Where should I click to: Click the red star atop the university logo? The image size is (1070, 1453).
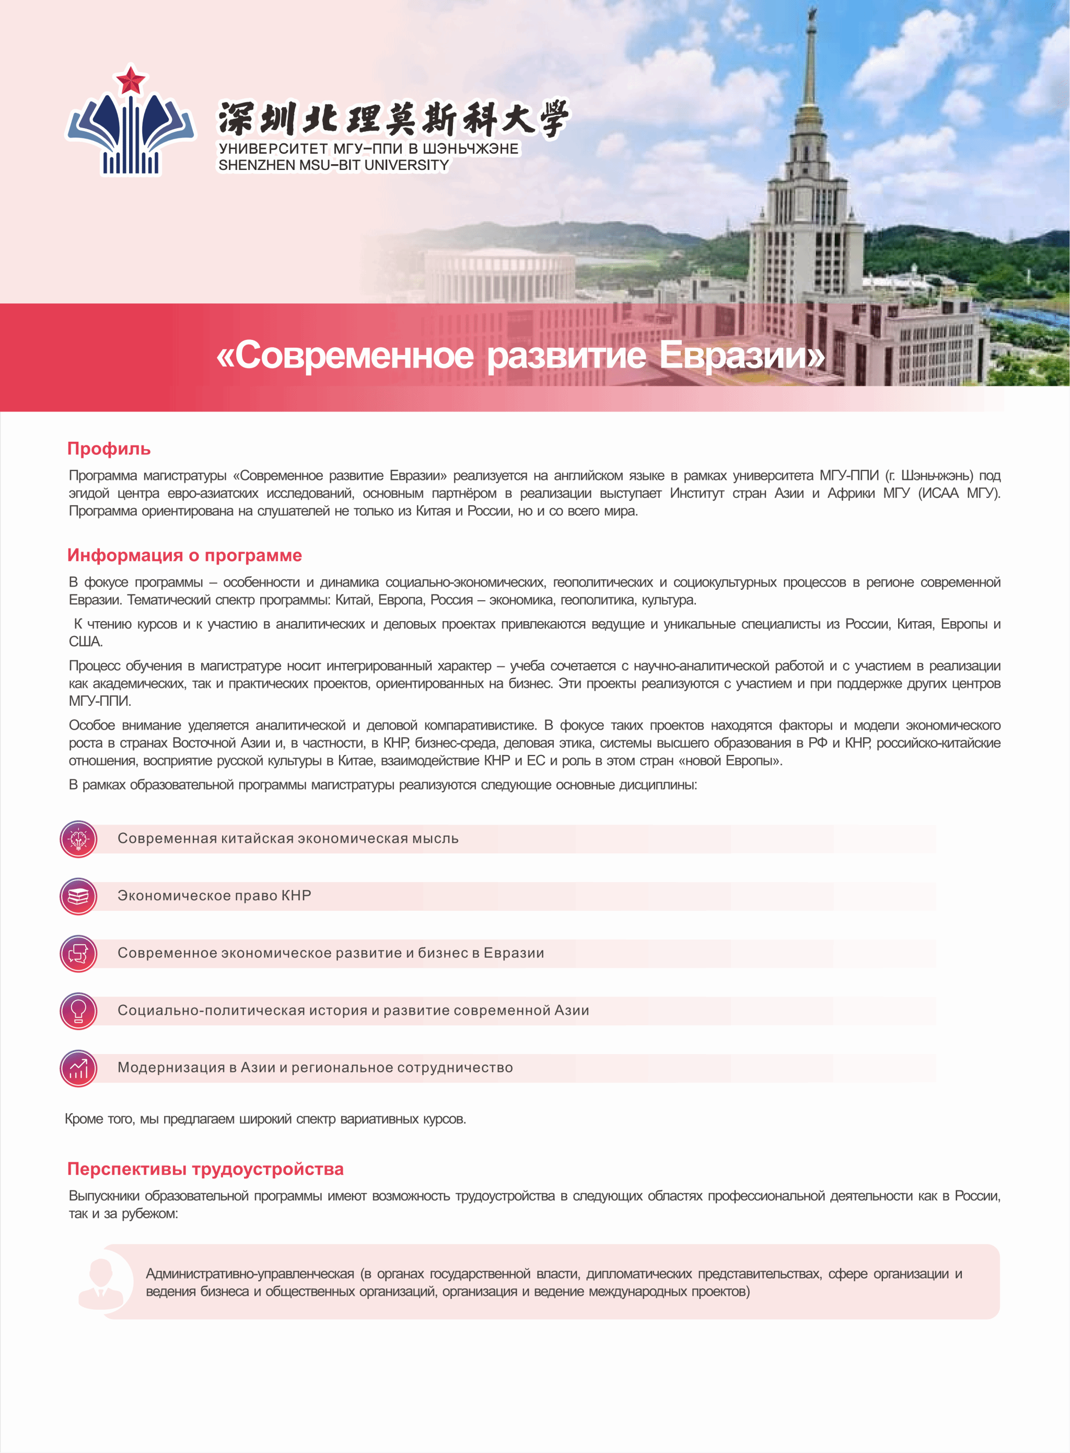[131, 81]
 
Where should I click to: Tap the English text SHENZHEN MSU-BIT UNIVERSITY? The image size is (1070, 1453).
[333, 166]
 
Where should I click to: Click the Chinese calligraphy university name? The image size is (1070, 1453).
[392, 119]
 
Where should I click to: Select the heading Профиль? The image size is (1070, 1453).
[109, 449]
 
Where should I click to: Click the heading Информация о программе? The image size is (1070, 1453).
[184, 555]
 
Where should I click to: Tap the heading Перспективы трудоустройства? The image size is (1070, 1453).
[205, 1169]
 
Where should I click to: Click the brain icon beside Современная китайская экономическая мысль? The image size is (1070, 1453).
[78, 839]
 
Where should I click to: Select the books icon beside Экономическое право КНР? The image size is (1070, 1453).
[78, 896]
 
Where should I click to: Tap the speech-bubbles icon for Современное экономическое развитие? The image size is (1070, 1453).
[78, 953]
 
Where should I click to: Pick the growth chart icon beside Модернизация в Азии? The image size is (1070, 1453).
[78, 1068]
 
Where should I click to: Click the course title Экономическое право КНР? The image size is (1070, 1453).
[214, 896]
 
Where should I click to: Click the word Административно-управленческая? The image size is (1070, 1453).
[250, 1274]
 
